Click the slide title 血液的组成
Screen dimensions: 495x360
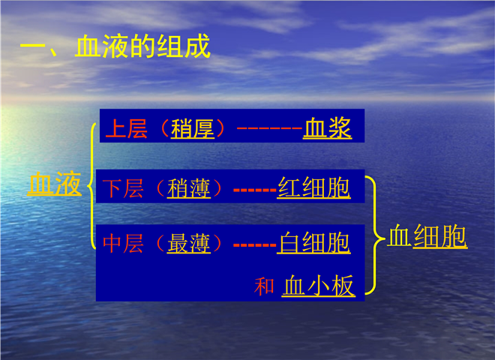click(142, 46)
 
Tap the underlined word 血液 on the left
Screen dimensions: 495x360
click(54, 184)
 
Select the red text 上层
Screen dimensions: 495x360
click(126, 128)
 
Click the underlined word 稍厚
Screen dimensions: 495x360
click(193, 129)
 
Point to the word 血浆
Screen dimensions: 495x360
click(327, 128)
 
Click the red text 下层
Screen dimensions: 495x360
click(123, 188)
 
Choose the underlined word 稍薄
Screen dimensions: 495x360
click(189, 188)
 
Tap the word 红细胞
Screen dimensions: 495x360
click(313, 187)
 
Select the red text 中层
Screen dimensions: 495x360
click(123, 243)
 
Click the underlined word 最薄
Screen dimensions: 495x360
click(189, 243)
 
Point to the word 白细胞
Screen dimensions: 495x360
click(313, 242)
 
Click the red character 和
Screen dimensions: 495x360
click(264, 286)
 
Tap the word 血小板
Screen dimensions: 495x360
click(319, 286)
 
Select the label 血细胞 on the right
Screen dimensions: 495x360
click(427, 235)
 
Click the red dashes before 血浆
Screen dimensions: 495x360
click(269, 128)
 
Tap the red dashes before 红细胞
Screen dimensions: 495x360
click(255, 190)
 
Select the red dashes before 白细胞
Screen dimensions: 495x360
click(255, 245)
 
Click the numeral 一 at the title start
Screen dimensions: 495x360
click(33, 46)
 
